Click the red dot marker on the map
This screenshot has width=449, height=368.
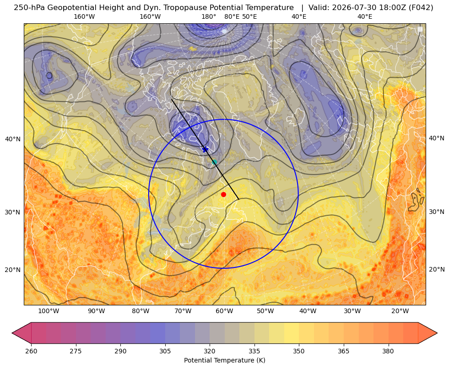[x=224, y=194]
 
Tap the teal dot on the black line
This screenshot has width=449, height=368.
[x=214, y=162]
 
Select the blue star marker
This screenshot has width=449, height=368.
[x=206, y=149]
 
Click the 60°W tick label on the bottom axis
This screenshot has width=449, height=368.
[x=224, y=311]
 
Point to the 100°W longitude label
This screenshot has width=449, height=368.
[x=49, y=311]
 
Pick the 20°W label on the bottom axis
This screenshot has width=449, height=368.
[x=400, y=311]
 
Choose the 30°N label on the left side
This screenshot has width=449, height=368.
[x=13, y=212]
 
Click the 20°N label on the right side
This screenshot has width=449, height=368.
[x=437, y=269]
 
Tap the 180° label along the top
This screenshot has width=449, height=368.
[x=209, y=16]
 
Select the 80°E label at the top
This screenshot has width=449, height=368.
[x=232, y=16]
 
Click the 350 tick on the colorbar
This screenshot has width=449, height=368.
[x=299, y=351]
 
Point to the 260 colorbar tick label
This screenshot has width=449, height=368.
[x=31, y=351]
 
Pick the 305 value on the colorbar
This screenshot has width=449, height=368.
[x=165, y=351]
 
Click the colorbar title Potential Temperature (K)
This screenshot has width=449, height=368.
[x=224, y=360]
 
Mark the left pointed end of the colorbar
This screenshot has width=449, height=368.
[x=12, y=333]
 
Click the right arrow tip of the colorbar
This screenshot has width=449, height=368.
[x=437, y=333]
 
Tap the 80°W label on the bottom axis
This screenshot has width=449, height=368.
[x=141, y=311]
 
